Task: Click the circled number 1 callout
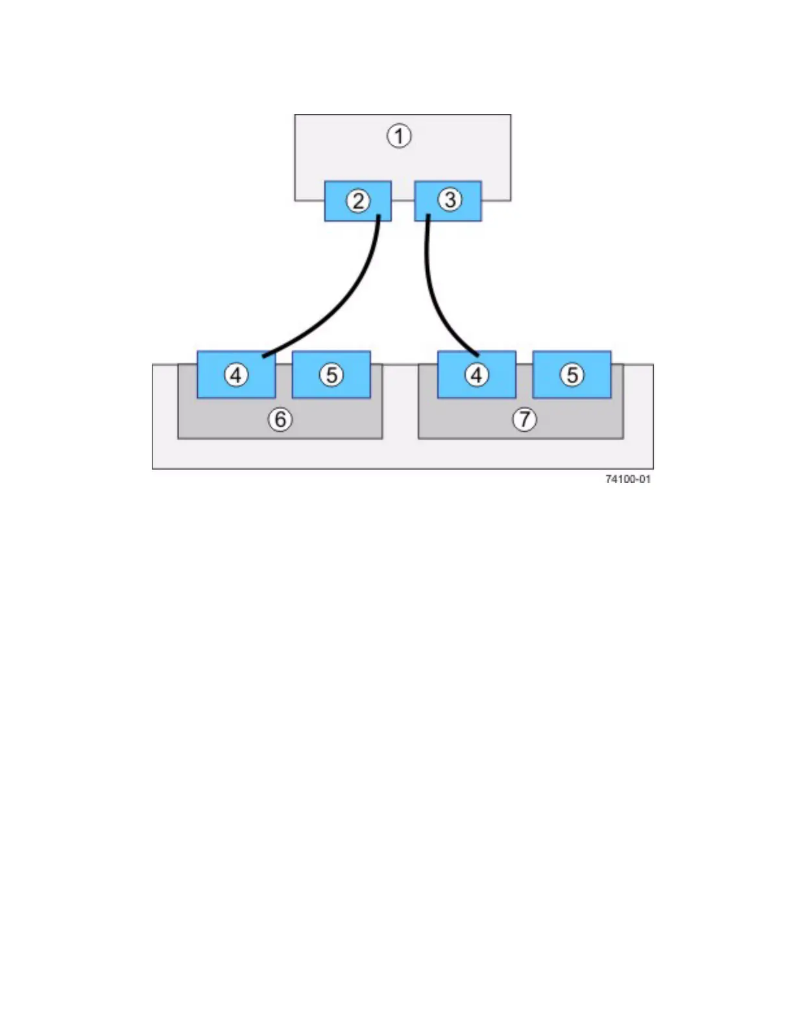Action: click(x=399, y=136)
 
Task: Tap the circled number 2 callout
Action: click(x=358, y=201)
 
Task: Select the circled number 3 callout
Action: click(x=450, y=200)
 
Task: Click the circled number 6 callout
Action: click(x=280, y=419)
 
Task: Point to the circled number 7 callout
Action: click(x=524, y=419)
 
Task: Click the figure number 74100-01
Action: click(x=627, y=479)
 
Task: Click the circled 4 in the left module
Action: click(x=236, y=375)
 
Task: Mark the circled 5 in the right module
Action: click(x=571, y=375)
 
